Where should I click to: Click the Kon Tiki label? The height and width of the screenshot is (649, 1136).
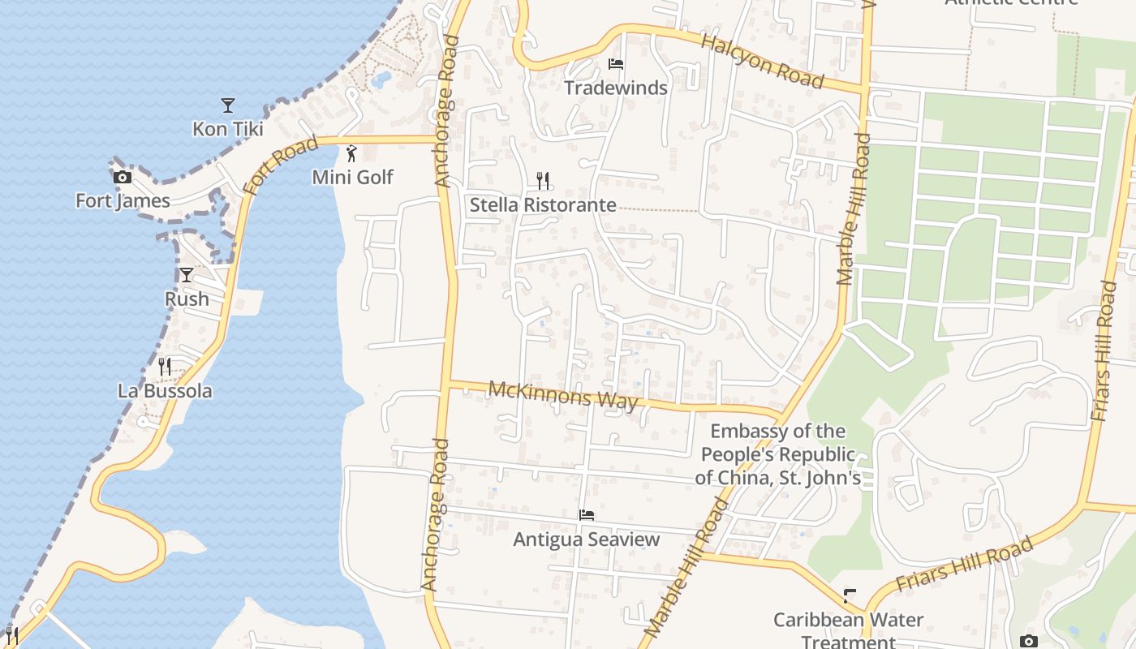pos(227,128)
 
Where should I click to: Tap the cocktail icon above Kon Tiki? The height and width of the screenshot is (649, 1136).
pos(228,105)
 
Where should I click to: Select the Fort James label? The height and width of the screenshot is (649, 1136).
pos(123,200)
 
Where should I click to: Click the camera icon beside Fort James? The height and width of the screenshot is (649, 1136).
pos(123,177)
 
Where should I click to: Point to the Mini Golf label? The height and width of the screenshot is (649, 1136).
pos(352,177)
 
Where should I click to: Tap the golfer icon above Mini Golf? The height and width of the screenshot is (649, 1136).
pos(351,153)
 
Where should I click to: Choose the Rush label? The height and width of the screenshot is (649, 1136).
pos(187,299)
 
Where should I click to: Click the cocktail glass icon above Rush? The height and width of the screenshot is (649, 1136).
pos(187,275)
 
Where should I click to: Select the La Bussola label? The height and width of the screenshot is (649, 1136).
pos(165,390)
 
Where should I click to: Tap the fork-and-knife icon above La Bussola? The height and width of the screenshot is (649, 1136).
pos(165,367)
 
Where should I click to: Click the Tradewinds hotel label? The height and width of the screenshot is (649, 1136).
pos(615,88)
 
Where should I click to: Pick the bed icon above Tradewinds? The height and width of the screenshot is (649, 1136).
pos(616,64)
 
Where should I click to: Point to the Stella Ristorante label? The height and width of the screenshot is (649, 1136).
pos(543,204)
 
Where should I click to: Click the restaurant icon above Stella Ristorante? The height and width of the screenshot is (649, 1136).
pos(543,180)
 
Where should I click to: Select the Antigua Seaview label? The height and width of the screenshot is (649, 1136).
pos(586,539)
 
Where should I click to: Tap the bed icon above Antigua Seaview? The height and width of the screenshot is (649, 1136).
pos(587,515)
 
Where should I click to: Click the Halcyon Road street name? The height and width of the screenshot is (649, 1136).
pos(763,62)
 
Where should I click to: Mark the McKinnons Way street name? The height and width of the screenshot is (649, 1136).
pos(562,395)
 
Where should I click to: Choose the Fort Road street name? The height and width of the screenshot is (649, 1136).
pos(280,166)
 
